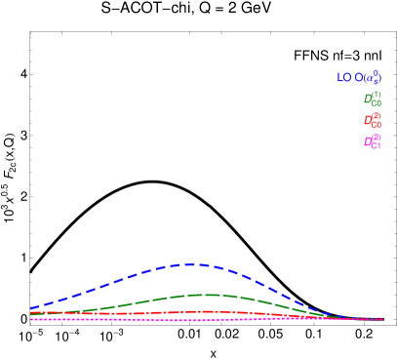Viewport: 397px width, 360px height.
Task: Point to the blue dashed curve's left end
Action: [31, 308]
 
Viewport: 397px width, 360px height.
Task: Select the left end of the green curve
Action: [31, 314]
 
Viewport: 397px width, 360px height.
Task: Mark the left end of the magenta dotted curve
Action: [31, 319]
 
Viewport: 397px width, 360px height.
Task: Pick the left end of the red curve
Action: [31, 313]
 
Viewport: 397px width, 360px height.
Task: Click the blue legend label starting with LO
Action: [359, 77]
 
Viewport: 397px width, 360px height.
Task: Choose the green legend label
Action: [373, 99]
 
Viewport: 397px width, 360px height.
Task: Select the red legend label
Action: [373, 120]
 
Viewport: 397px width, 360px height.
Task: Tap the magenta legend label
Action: [373, 141]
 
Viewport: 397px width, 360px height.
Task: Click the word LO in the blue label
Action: [343, 77]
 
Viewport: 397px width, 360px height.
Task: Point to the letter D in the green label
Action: [368, 100]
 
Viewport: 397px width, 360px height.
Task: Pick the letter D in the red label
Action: [368, 121]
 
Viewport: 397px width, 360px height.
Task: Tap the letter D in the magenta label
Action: [368, 142]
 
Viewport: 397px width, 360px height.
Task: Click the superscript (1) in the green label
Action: [377, 95]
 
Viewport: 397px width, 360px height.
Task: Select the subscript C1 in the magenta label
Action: [377, 146]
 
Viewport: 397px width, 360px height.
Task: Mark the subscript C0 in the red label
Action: [377, 125]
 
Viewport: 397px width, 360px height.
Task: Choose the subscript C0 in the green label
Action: [377, 103]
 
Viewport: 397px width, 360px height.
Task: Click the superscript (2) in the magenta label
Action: [377, 138]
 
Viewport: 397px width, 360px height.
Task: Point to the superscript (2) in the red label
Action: [377, 116]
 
